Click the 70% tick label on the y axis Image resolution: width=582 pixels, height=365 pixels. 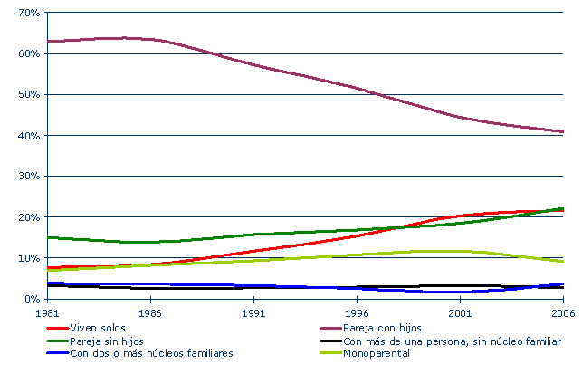point(25,13)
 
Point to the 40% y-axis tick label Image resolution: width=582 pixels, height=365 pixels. point(25,135)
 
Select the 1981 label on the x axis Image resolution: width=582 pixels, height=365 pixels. point(47,312)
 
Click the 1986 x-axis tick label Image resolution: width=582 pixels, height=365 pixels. point(150,312)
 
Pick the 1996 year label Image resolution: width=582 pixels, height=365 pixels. point(357,312)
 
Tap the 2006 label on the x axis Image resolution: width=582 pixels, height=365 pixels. point(562,312)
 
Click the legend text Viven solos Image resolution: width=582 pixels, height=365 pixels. point(97,327)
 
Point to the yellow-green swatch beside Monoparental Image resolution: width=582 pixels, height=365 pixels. point(330,353)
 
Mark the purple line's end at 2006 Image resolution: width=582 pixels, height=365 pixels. point(563,132)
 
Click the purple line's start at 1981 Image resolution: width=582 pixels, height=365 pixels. point(48,41)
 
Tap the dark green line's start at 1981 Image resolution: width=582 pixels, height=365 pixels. point(48,237)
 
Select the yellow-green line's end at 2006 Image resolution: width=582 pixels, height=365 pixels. point(563,261)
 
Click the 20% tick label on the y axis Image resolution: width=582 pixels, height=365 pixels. point(25,217)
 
